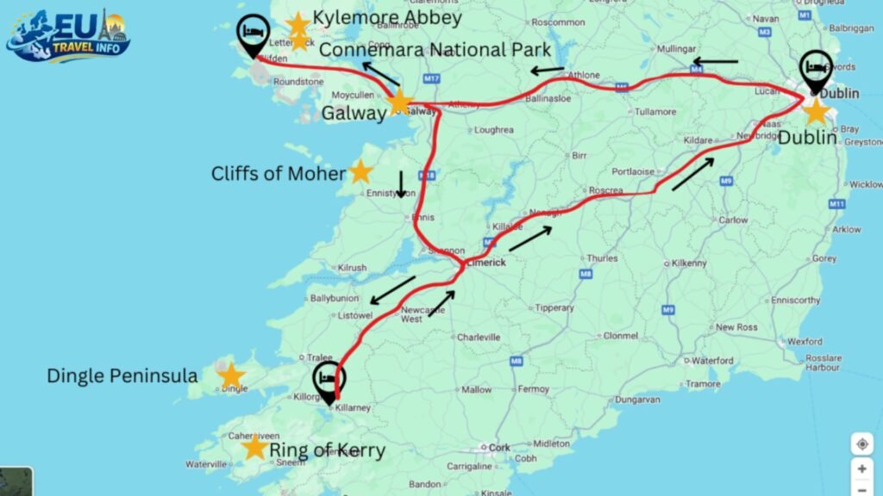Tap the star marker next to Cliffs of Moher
[x=360, y=171]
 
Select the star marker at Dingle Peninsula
[x=230, y=375]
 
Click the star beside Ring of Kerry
[x=254, y=447]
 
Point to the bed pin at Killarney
[x=328, y=381]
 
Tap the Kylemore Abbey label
[x=387, y=17]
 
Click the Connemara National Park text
[x=435, y=50]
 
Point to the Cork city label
[x=499, y=448]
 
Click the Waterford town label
[x=712, y=361]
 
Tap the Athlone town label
[x=582, y=75]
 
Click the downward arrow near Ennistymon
[x=400, y=183]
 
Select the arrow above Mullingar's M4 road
[x=716, y=62]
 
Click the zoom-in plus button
[x=861, y=470]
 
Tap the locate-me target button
[x=861, y=444]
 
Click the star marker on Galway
[x=399, y=103]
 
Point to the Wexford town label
[x=804, y=341]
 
